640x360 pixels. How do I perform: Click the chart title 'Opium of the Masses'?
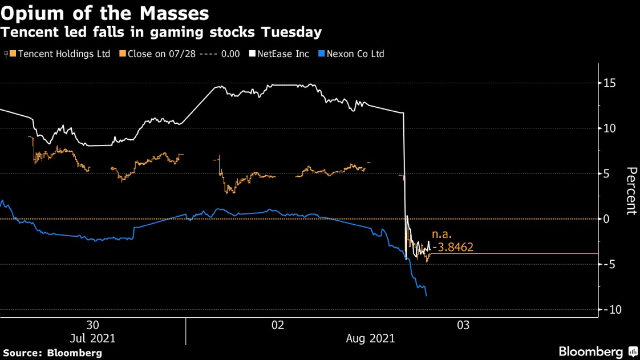[104, 13]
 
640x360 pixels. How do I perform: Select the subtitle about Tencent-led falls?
[161, 33]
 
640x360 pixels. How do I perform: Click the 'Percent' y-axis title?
[631, 191]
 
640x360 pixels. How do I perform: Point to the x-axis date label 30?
[92, 325]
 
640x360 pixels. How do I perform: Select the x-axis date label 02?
[278, 325]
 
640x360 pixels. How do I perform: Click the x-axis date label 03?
[463, 325]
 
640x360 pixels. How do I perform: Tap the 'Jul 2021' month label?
[92, 338]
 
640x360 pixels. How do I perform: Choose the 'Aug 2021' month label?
[371, 338]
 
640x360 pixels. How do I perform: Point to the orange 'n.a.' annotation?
[441, 234]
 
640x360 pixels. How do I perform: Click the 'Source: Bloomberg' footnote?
[52, 353]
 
